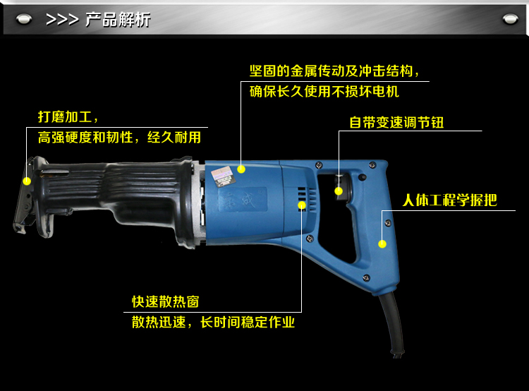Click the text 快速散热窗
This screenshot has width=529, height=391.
pyautogui.click(x=166, y=302)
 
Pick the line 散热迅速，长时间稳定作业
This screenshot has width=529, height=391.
pyautogui.click(x=213, y=323)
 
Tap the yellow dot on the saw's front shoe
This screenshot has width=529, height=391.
pyautogui.click(x=27, y=181)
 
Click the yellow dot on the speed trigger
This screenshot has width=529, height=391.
pyautogui.click(x=339, y=191)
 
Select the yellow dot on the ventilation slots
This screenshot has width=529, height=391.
pyautogui.click(x=302, y=205)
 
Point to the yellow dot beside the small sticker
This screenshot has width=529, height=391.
pyautogui.click(x=241, y=169)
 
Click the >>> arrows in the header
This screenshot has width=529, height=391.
pyautogui.click(x=62, y=20)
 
